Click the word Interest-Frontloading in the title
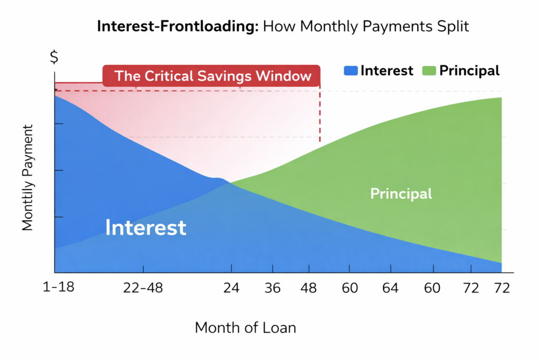178,26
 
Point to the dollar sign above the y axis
54,57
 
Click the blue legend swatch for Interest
351,71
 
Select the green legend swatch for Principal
429,71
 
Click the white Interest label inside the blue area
146,228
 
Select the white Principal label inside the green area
401,193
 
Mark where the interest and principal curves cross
230,183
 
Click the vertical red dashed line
320,113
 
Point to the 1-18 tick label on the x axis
58,287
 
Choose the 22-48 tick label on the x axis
143,288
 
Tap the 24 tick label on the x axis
231,288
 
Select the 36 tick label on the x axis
273,288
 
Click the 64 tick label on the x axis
390,288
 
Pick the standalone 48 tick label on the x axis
308,288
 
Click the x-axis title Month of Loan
245,328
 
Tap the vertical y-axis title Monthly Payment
27,178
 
